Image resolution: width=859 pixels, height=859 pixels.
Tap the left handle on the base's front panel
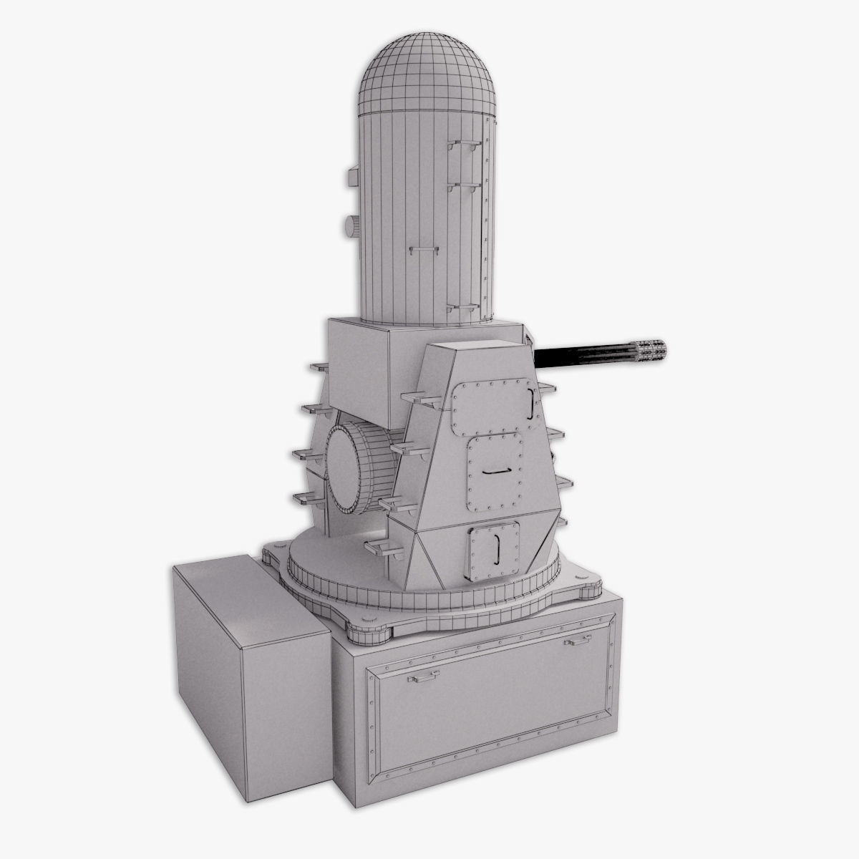point(423,674)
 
